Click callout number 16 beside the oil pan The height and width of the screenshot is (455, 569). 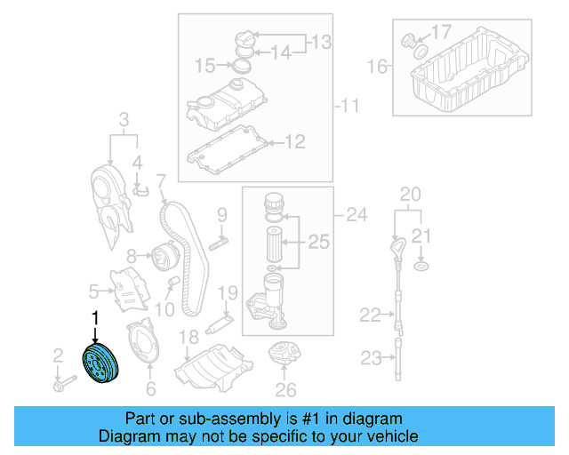pyautogui.click(x=378, y=67)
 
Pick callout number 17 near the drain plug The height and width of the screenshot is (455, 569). pyautogui.click(x=442, y=33)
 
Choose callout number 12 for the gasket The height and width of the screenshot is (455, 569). pyautogui.click(x=294, y=140)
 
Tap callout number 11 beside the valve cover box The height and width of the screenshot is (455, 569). pyautogui.click(x=349, y=108)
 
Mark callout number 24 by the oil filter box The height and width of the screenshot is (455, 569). pyautogui.click(x=356, y=214)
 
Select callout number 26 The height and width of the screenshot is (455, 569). pyautogui.click(x=284, y=388)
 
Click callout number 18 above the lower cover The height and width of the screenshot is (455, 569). pyautogui.click(x=188, y=337)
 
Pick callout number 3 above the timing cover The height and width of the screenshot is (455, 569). pyautogui.click(x=124, y=119)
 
